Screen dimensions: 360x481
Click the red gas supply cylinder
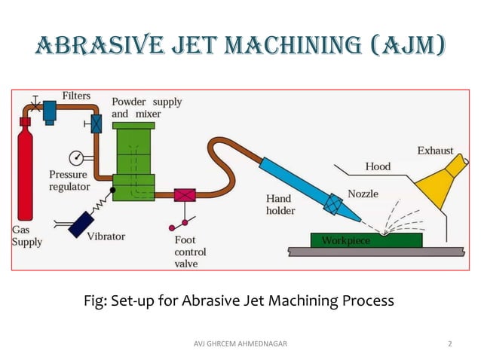point(26,173)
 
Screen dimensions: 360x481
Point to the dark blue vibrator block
point(81,224)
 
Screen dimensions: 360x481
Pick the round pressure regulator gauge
point(75,158)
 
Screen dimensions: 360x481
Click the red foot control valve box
point(184,195)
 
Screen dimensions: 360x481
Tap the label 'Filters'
point(76,96)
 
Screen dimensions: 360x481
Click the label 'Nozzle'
point(363,194)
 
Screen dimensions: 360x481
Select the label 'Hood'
point(378,166)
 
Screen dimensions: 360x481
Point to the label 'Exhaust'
point(435,151)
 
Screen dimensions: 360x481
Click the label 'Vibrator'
point(106,236)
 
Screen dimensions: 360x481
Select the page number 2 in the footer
point(449,343)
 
